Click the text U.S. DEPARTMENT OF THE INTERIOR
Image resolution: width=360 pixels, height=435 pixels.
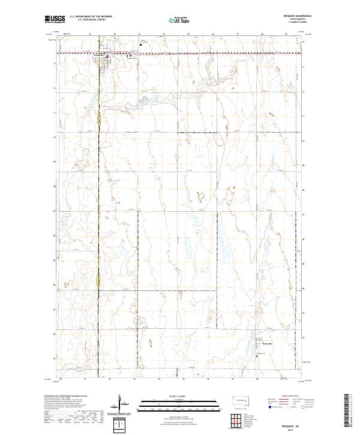click(90, 16)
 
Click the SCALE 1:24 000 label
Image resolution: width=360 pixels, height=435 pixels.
click(179, 395)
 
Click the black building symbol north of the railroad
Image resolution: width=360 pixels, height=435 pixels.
click(140, 44)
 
